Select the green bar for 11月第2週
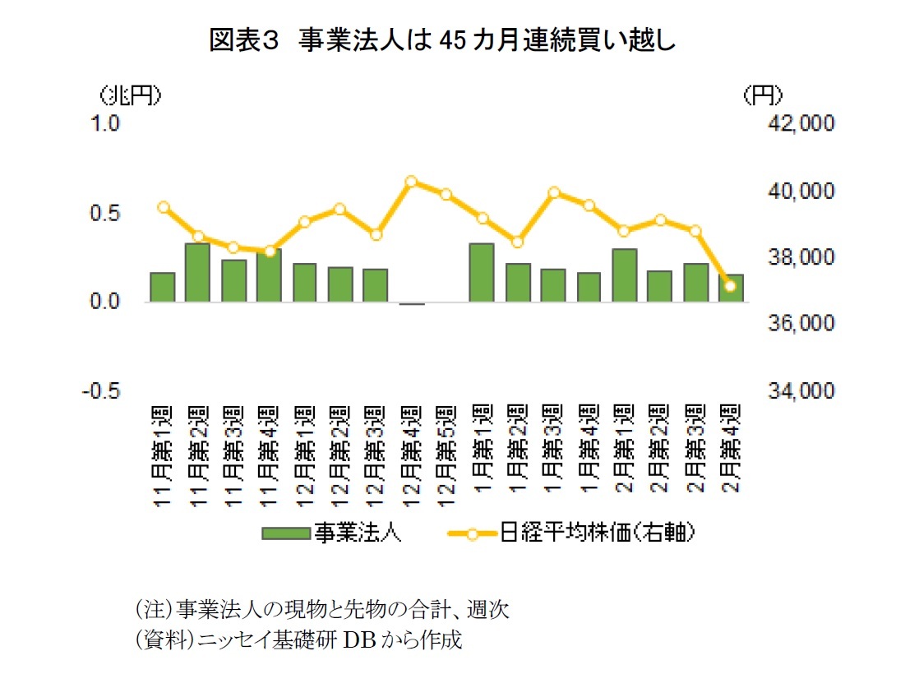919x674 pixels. coord(197,273)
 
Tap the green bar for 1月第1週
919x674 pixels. coord(482,273)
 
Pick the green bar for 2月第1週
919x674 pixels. coord(624,275)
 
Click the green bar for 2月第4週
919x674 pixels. coord(731,288)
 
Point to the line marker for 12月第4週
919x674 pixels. coord(411,181)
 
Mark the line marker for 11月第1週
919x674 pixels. coord(163,207)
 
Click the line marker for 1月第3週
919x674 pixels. coord(553,193)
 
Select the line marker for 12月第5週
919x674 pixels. coord(446,195)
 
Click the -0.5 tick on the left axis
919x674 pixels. coord(104,390)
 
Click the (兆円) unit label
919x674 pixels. coord(129,96)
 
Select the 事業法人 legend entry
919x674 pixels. coord(331,533)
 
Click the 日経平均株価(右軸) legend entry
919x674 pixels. coord(570,533)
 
